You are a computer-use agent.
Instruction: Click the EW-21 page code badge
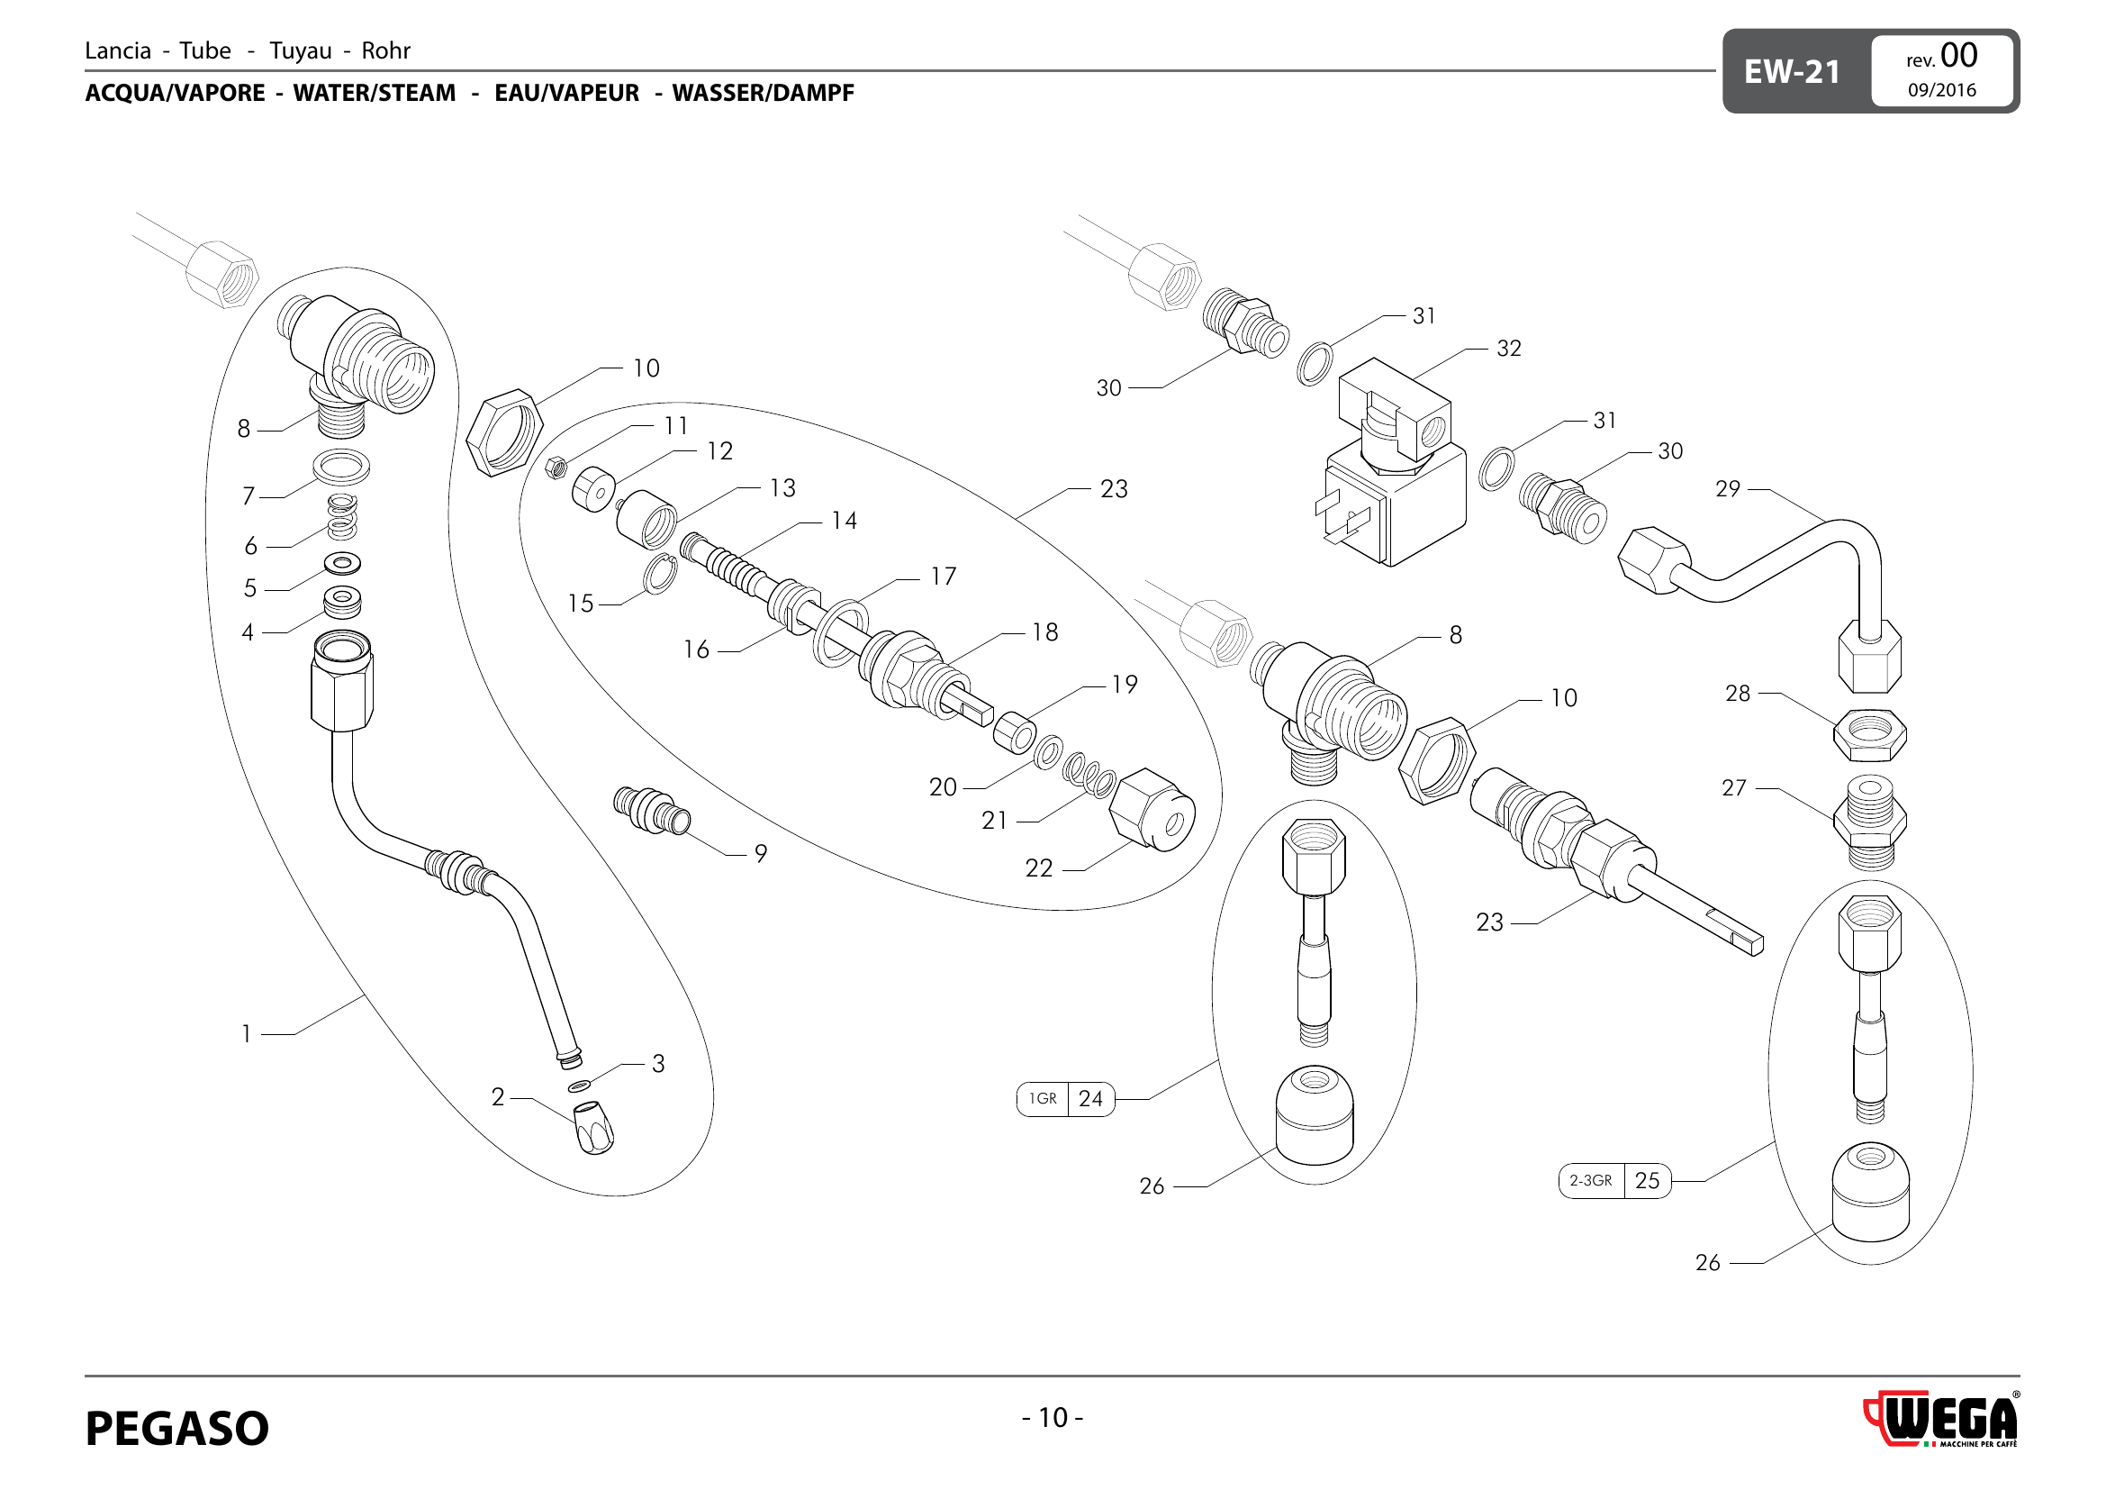pos(1792,71)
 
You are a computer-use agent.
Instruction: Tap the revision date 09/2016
pos(1942,90)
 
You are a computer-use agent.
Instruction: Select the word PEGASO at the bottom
pos(177,1428)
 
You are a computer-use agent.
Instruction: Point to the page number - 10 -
pos(1052,1418)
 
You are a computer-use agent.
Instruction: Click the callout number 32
pos(1509,349)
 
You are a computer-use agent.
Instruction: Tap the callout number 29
pos(1727,489)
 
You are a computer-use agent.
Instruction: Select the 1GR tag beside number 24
pos(1043,1098)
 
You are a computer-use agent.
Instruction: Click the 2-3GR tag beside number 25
pos(1590,1181)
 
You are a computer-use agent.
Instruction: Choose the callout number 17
pos(943,577)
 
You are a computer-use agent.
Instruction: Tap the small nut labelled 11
pos(555,468)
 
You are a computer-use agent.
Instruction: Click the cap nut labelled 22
pos(1152,809)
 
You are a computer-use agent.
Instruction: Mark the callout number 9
pos(761,853)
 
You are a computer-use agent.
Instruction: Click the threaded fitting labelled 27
pos(1869,822)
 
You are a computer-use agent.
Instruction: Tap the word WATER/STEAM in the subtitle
pos(375,93)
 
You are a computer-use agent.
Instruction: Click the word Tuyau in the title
pos(300,50)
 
